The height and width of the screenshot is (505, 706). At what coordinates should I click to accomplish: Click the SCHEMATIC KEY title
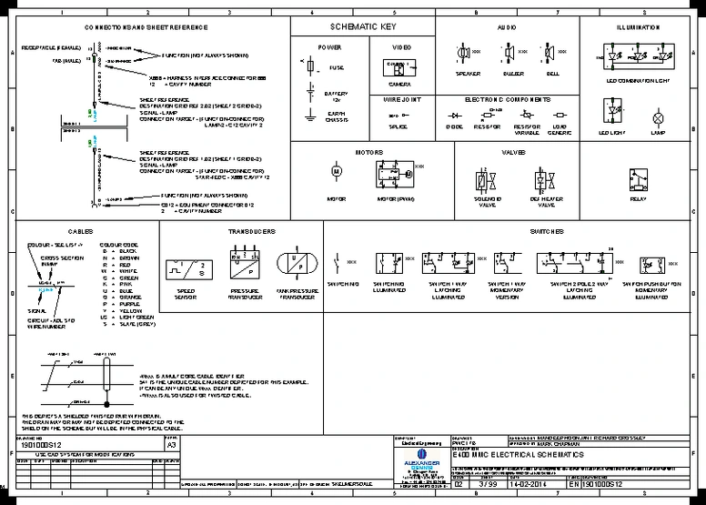363,27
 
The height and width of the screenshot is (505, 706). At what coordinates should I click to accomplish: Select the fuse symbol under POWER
312,66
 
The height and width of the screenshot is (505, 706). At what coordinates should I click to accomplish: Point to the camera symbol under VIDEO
395,68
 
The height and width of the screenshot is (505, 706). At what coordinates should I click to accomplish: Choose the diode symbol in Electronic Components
454,116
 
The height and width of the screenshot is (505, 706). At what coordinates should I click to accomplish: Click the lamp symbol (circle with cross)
659,118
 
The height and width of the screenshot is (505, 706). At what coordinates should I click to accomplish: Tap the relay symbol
638,180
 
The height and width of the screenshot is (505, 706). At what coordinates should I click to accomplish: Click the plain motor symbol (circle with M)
335,170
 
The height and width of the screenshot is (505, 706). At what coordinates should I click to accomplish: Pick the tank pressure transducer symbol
297,265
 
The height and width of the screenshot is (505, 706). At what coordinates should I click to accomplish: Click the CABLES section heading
80,232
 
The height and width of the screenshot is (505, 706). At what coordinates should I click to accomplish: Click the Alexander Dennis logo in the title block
420,457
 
